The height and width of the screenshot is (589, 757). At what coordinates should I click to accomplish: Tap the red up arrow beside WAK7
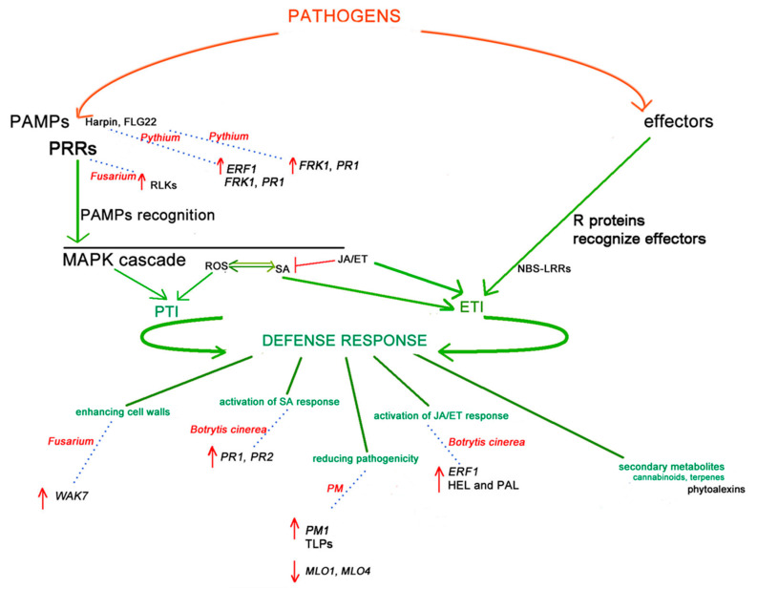[41, 493]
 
